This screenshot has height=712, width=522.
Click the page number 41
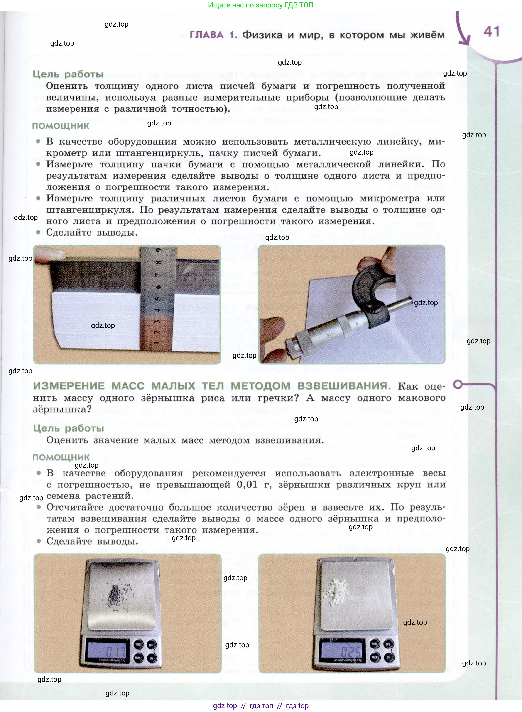click(491, 32)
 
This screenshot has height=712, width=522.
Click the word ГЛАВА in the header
click(206, 35)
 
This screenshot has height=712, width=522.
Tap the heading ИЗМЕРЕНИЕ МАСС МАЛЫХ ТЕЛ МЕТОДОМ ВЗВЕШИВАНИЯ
click(211, 386)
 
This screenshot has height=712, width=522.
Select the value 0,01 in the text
click(247, 484)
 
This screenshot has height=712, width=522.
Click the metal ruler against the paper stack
click(157, 300)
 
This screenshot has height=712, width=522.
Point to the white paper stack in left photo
click(95, 319)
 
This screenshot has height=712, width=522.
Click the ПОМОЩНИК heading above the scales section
click(61, 457)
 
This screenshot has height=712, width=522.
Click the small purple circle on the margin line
click(458, 384)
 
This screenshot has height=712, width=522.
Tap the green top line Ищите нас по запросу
click(260, 5)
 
